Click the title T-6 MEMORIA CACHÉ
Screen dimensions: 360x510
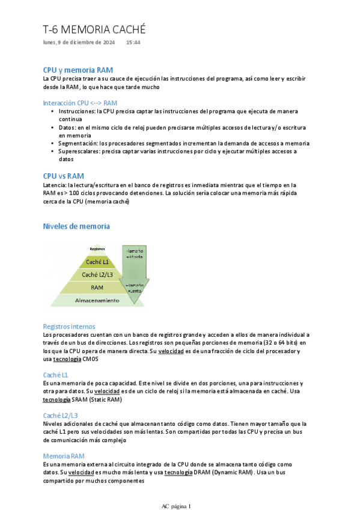[94, 29]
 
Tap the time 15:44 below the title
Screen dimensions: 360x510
[133, 43]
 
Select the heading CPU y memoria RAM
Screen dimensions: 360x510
[78, 70]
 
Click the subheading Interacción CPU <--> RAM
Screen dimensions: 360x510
[80, 103]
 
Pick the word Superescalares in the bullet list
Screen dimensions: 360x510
[80, 152]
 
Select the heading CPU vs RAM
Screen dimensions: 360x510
[63, 176]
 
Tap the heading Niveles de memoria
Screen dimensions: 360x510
[76, 226]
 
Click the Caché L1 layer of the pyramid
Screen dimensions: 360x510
[97, 262]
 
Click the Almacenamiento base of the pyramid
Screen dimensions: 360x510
[97, 300]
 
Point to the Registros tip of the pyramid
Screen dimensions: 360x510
[97, 249]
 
